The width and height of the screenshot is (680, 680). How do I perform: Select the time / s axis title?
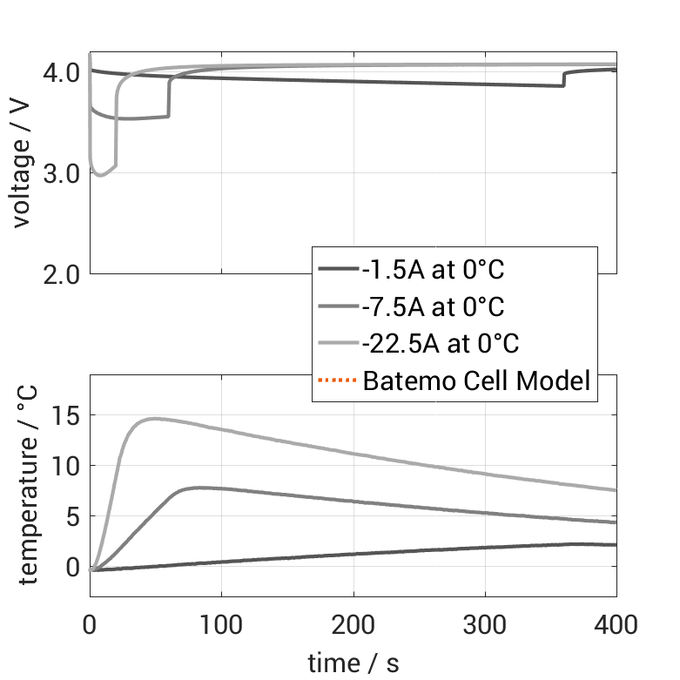353,663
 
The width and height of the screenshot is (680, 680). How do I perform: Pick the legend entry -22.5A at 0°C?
440,343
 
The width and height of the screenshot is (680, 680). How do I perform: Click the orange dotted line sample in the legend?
338,380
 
